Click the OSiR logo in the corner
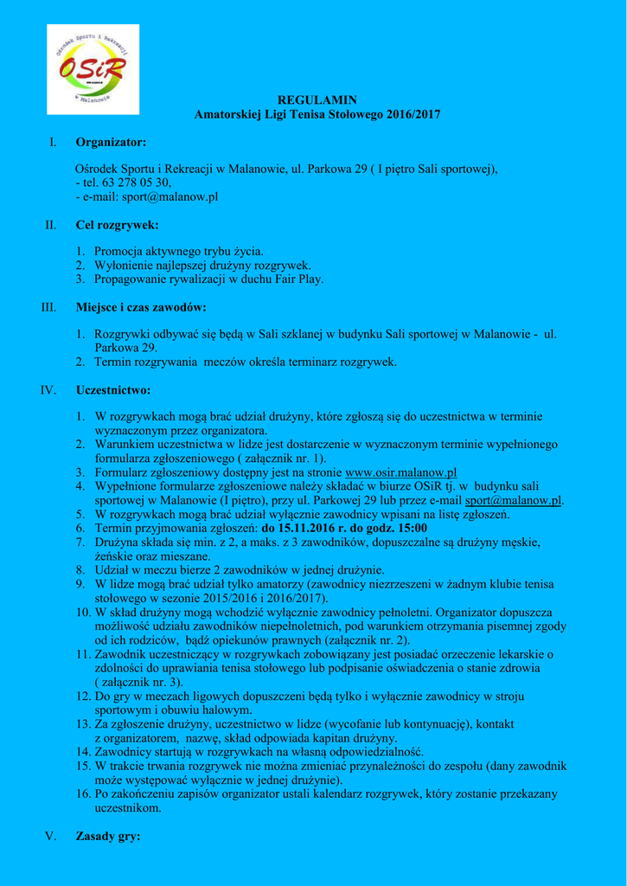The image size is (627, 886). [93, 69]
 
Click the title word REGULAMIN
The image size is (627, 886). [317, 100]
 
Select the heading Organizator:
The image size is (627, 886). [111, 141]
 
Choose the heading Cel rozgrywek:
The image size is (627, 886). [117, 225]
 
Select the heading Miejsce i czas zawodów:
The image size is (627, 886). [141, 307]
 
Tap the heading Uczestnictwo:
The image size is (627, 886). [113, 390]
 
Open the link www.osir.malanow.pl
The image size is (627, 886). [400, 472]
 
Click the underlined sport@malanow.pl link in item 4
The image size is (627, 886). [514, 500]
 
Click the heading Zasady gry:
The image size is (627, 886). [108, 837]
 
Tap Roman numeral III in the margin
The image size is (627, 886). [48, 307]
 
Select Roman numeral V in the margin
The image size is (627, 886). [50, 837]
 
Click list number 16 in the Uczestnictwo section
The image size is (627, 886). [84, 794]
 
